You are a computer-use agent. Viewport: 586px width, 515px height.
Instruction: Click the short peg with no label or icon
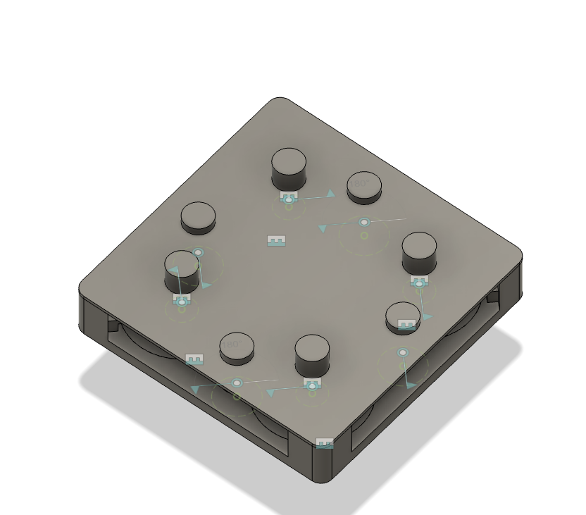(198, 218)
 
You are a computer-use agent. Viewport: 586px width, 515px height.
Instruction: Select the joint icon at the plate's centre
(277, 241)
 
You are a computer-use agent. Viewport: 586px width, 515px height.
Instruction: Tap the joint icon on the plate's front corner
(324, 443)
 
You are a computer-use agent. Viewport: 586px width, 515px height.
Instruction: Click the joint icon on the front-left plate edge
(194, 359)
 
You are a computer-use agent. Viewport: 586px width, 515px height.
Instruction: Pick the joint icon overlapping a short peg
(406, 325)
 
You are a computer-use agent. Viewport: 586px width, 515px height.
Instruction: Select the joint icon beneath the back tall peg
(288, 197)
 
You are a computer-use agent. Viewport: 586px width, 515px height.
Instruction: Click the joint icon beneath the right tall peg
(419, 282)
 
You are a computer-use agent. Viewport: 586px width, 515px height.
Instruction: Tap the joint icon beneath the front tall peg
(311, 384)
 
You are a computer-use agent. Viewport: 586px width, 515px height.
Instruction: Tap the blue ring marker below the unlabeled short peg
(199, 252)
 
